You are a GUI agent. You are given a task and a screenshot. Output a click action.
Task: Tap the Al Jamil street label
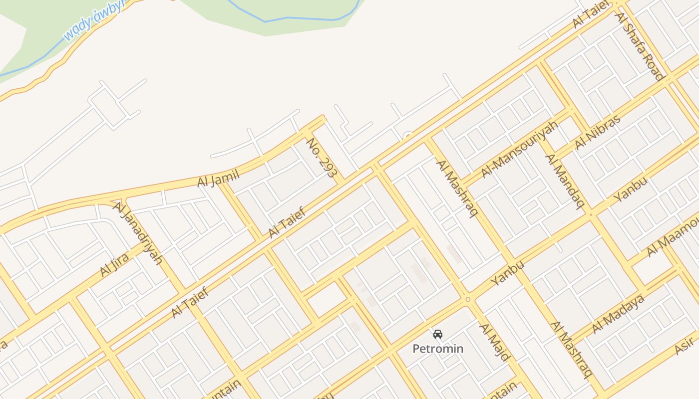coord(219,178)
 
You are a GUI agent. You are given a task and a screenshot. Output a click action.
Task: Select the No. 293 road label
coord(323,158)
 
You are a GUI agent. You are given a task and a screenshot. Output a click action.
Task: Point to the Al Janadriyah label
coord(138,232)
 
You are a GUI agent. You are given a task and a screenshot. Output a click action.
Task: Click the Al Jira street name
coord(115,265)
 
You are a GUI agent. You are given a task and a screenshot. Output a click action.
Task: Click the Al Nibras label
coord(597,132)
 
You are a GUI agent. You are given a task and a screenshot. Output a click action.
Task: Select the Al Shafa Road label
coord(640,46)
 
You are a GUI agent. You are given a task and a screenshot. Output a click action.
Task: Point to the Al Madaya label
coord(618,314)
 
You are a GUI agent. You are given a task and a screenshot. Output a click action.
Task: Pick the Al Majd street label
coord(494,342)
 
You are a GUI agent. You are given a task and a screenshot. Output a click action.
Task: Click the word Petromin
coord(438,349)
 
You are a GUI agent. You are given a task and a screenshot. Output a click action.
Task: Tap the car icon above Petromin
coord(438,334)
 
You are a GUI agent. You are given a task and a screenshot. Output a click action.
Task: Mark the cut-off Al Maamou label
coord(673,238)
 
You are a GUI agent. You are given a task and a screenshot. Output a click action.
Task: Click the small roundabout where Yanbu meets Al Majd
coord(468,299)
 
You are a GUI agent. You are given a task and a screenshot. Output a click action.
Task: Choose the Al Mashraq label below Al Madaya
coord(571,349)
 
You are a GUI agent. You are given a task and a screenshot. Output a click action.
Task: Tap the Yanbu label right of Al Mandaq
coord(630,189)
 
